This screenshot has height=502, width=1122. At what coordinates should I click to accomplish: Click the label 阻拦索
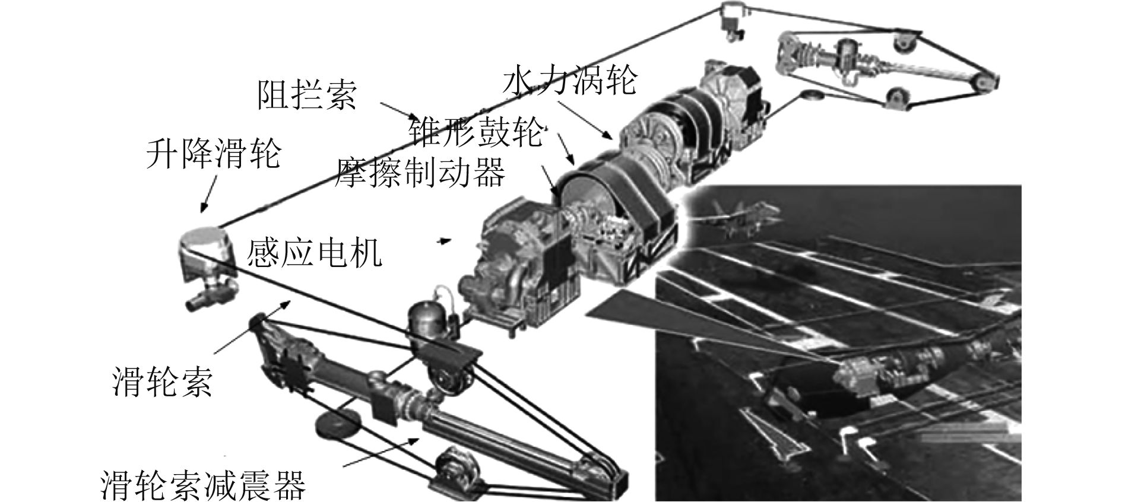coord(307,94)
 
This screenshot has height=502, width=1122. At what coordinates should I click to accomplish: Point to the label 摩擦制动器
coord(420,172)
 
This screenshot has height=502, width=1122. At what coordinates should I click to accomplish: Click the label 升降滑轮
coord(213,154)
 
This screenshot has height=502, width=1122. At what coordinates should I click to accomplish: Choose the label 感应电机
coord(314,253)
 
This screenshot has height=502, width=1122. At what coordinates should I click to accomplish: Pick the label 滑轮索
coord(161,380)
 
